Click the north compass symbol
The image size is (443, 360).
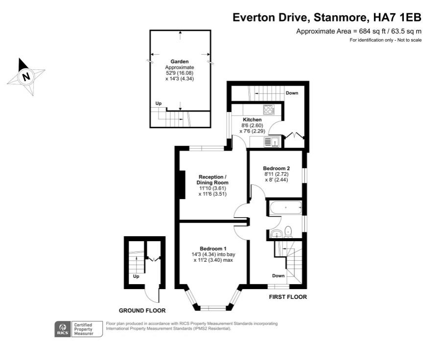click(26, 77)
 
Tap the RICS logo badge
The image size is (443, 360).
click(62, 328)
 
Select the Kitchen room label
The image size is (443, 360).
click(252, 120)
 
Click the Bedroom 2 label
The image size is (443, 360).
click(277, 168)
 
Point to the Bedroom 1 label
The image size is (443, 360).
click(213, 248)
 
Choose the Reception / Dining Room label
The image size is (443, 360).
click(212, 180)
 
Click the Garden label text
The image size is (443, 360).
click(180, 62)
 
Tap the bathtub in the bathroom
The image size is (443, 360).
click(285, 208)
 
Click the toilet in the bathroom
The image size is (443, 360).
click(289, 230)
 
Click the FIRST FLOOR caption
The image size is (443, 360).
click(288, 297)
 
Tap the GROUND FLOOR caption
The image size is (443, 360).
click(142, 311)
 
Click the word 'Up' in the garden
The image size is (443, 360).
click(158, 103)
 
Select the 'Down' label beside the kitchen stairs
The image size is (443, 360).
click(292, 93)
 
